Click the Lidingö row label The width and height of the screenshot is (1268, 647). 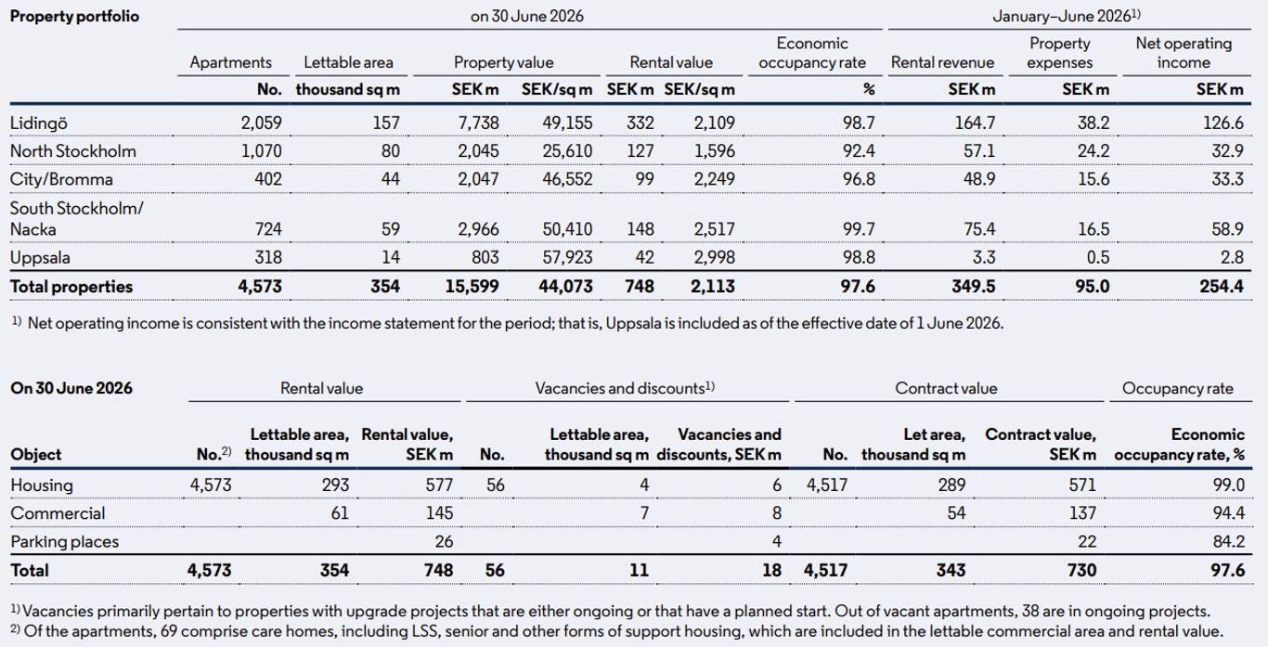point(38,123)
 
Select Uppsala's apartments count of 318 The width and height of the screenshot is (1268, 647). point(267,257)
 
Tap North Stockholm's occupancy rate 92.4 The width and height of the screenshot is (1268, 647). point(858,151)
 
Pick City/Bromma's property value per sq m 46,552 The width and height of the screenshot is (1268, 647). point(567,179)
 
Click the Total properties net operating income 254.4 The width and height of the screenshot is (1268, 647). point(1221,287)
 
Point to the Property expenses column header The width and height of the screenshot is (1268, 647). point(1060,53)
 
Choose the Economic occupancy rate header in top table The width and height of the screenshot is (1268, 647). point(812,53)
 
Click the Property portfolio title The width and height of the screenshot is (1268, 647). point(74,16)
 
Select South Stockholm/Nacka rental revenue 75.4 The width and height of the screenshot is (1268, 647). point(979,229)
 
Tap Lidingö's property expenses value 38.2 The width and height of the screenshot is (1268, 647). point(1093,123)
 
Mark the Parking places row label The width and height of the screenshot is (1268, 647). point(65,542)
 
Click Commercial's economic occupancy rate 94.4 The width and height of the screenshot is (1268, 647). point(1228,513)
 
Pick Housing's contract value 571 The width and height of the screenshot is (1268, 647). point(1082,485)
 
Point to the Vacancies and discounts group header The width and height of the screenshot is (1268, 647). point(625,388)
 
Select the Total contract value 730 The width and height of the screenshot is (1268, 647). point(1081,570)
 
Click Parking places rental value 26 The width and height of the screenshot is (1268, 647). point(444,542)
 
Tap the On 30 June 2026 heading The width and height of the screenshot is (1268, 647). point(71,388)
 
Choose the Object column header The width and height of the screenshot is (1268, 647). point(35,455)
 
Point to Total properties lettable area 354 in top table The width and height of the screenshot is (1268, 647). point(385,287)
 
